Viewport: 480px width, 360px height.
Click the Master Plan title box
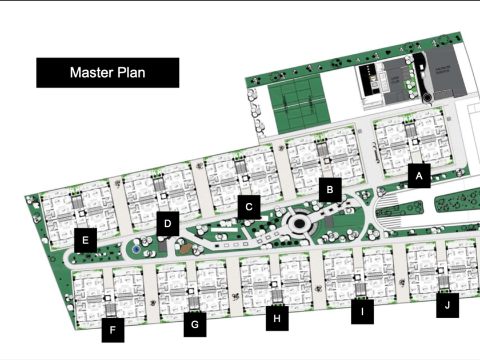[x=107, y=73]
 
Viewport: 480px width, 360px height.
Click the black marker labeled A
[x=419, y=175]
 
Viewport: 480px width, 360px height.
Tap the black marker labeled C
[x=249, y=207]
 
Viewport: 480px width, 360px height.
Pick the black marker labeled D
[x=167, y=223]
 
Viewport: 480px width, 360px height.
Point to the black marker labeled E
[x=85, y=240]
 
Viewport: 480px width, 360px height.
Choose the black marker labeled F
[x=113, y=330]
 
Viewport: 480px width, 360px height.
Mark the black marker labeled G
[x=195, y=325]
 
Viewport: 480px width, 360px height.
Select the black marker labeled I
[x=362, y=312]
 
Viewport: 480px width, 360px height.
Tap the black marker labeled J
[x=447, y=305]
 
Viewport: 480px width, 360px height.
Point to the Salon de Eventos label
[x=443, y=70]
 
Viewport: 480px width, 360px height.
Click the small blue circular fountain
[x=135, y=250]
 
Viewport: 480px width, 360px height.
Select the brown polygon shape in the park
[x=185, y=249]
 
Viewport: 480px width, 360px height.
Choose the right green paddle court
[x=310, y=103]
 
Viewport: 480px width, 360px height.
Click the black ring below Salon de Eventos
[x=427, y=98]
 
